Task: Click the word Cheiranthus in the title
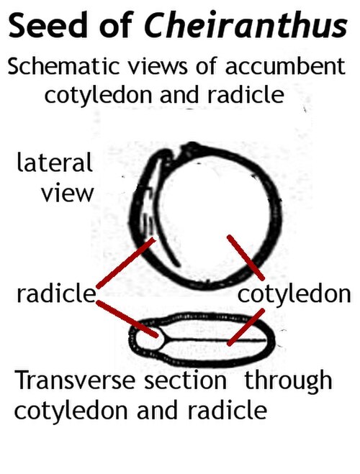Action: [x=246, y=24]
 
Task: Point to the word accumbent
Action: [x=285, y=66]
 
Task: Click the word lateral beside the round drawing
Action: [x=55, y=162]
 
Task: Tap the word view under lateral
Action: [x=68, y=193]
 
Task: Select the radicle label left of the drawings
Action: [x=56, y=293]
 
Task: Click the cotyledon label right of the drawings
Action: [x=294, y=294]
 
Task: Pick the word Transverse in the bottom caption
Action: [x=75, y=380]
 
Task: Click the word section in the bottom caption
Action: [x=185, y=380]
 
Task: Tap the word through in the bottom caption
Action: [x=288, y=381]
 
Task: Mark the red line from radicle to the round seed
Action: [x=125, y=263]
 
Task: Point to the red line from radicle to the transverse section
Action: [x=127, y=319]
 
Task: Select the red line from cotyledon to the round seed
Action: [x=246, y=257]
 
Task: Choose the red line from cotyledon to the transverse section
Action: [x=246, y=327]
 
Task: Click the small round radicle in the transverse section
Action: [x=149, y=339]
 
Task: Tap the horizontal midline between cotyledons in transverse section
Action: [x=215, y=339]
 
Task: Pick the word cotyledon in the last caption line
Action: [x=71, y=411]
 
